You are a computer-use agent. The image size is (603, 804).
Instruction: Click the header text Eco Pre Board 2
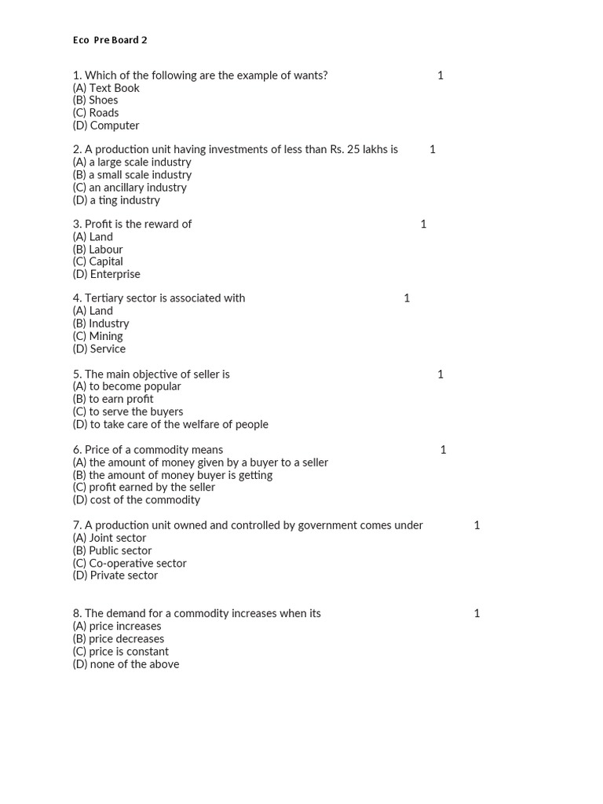(110, 40)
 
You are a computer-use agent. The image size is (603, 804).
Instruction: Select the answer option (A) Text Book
(106, 88)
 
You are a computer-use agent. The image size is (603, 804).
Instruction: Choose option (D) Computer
(106, 126)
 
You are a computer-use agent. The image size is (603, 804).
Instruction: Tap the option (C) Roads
(96, 113)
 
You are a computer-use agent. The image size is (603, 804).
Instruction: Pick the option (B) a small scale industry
(132, 175)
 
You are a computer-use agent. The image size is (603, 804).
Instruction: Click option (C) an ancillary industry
(130, 188)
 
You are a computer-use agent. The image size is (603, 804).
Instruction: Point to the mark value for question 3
(423, 225)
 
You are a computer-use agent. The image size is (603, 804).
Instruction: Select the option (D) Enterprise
(107, 275)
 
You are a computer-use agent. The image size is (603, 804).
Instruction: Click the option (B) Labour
(98, 250)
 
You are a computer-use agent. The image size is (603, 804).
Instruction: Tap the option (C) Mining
(98, 336)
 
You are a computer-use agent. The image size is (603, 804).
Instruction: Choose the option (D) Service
(99, 349)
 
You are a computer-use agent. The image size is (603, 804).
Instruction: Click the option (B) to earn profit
(113, 399)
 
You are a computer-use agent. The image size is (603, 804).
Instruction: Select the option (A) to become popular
(126, 386)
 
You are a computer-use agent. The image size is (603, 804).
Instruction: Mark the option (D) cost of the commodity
(137, 500)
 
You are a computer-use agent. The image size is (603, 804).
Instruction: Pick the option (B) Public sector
(112, 550)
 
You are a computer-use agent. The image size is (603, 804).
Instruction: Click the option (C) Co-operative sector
(130, 563)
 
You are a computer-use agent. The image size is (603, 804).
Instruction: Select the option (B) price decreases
(119, 639)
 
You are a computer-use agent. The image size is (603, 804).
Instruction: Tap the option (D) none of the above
(126, 664)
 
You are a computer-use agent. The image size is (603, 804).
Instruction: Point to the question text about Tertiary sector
(159, 298)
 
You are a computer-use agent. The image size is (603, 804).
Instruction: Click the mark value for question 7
(477, 525)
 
